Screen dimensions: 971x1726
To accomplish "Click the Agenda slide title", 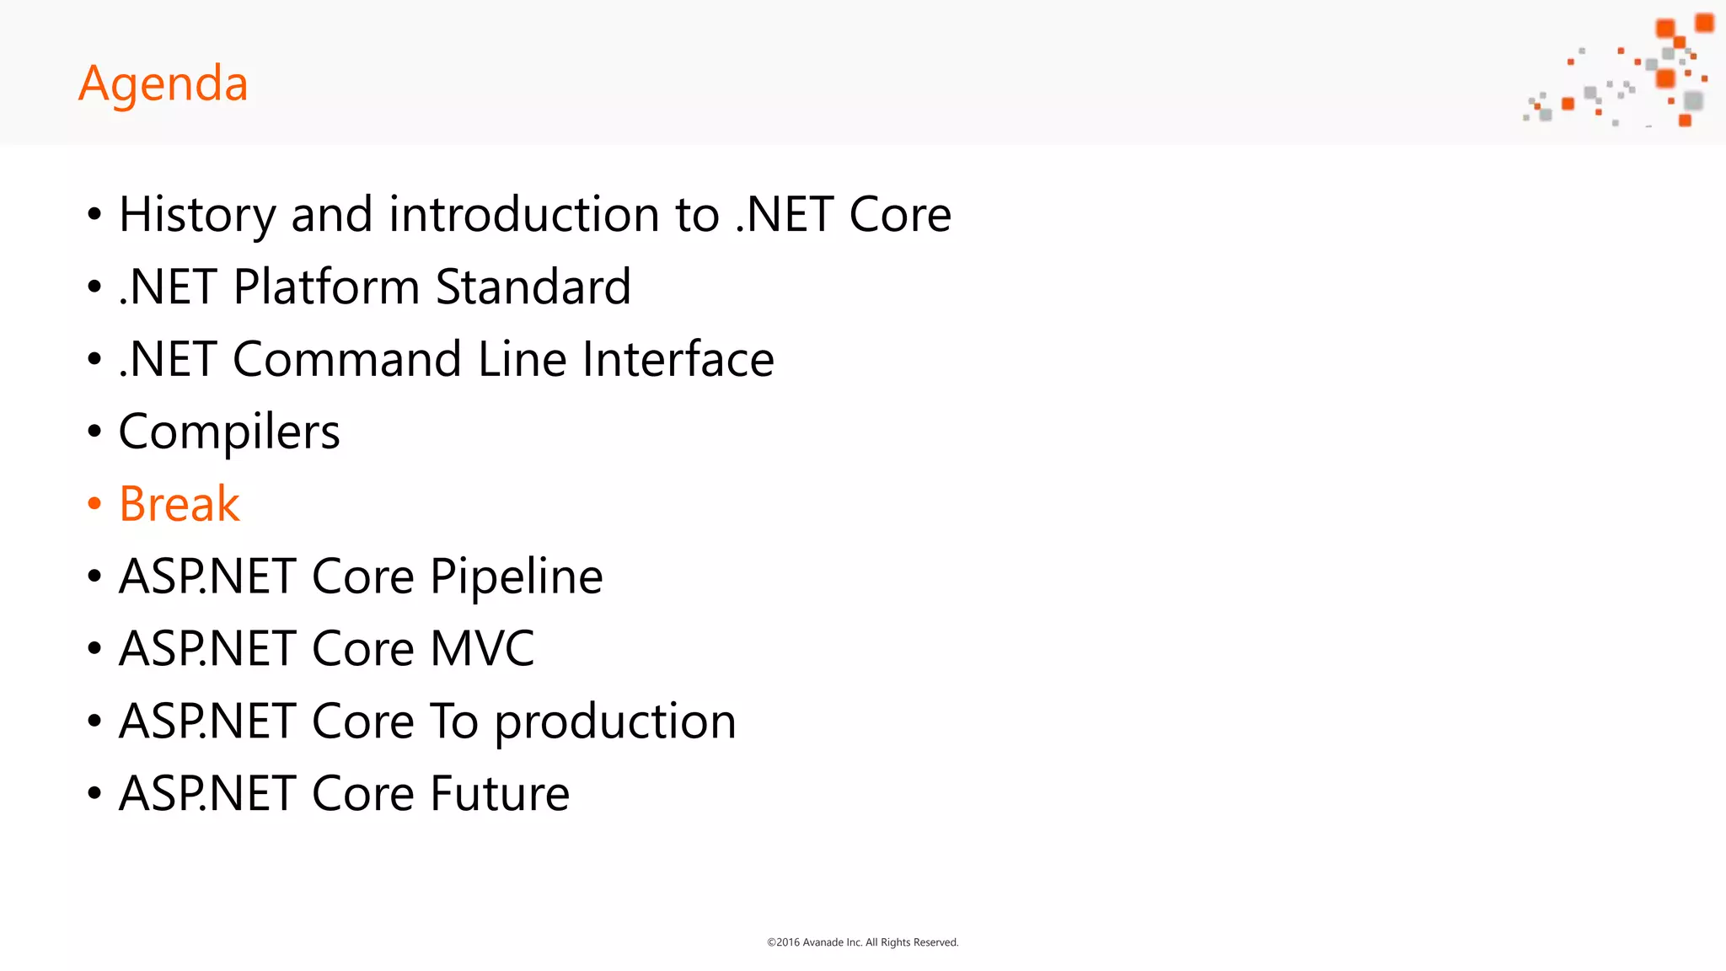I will (x=163, y=83).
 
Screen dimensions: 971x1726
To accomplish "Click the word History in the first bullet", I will (x=197, y=214).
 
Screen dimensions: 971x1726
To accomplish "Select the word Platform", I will (x=326, y=287).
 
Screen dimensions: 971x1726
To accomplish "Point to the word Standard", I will (x=533, y=287).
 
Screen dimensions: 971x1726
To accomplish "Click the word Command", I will (x=346, y=359).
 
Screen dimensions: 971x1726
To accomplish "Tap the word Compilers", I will (x=229, y=432).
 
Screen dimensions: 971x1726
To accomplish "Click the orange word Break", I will (x=180, y=504).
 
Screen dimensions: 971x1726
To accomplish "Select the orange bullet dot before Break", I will (x=94, y=504).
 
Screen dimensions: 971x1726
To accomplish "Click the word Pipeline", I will (x=516, y=577).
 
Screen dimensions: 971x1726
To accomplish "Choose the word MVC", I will (x=482, y=649).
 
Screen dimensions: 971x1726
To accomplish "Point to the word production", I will (x=615, y=722).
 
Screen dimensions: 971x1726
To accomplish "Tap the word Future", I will (x=500, y=794).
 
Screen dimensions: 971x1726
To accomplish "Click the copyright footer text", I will (x=862, y=942).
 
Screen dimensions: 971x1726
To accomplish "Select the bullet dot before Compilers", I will (x=94, y=432).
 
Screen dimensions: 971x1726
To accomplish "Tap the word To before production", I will (x=454, y=722).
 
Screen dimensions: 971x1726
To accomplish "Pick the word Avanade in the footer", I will (x=823, y=942).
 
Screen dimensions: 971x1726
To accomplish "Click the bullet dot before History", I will (x=94, y=214).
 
